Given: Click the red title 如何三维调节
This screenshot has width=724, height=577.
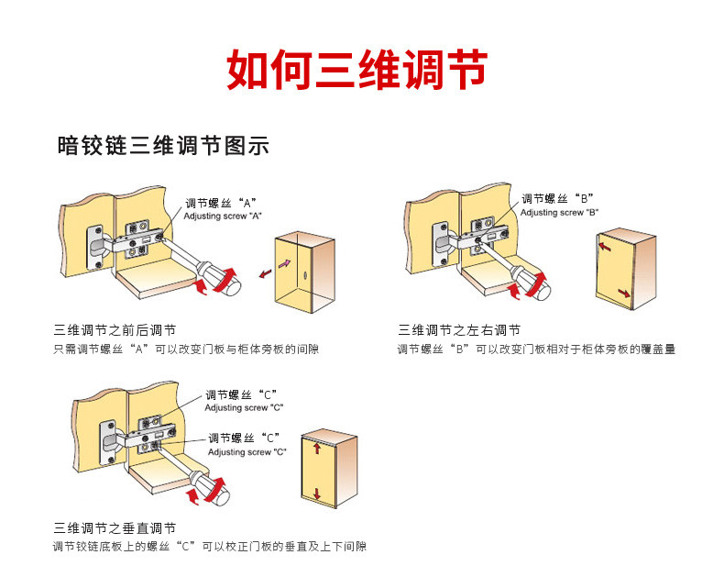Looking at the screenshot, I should tap(357, 71).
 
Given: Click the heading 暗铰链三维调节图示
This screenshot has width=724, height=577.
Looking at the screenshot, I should tap(162, 146).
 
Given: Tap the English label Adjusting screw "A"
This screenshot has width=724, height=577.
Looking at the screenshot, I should tap(224, 216).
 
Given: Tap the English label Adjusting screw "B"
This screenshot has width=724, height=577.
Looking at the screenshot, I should tap(560, 212).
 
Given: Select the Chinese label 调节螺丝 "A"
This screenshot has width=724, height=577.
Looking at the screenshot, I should tap(221, 203).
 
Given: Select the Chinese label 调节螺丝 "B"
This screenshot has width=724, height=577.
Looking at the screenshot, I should tap(558, 198).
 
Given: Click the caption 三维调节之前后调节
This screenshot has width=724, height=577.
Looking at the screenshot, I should tap(115, 330).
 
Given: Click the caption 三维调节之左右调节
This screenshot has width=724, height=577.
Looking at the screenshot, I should tap(459, 330).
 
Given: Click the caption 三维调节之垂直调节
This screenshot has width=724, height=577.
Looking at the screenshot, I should tap(115, 528).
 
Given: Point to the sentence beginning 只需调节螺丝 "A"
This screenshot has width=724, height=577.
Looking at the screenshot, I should tap(186, 350).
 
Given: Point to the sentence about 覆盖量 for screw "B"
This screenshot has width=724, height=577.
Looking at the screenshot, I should tap(536, 350).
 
